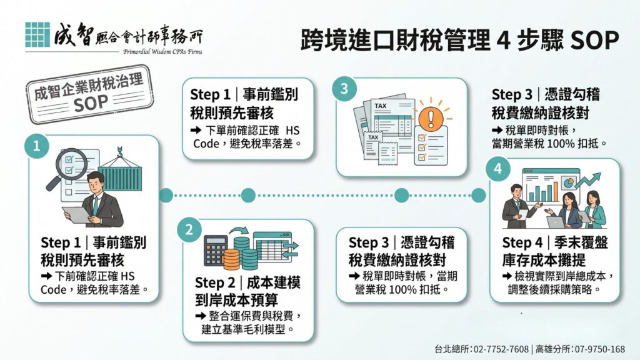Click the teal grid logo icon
pos(37,35)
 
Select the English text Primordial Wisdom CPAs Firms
pos(162,52)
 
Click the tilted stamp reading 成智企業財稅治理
pos(89,95)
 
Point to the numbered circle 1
pos(37,146)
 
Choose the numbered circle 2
pos(189,230)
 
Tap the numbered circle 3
pos(344,89)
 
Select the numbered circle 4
pos(497,169)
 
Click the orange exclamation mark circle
pos(430,118)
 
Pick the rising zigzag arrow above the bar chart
pos(587,180)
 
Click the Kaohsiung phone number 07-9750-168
pos(600,349)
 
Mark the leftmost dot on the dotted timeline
pos(165,196)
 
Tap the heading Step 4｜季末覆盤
pos(555,243)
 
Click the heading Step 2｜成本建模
pos(247,283)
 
